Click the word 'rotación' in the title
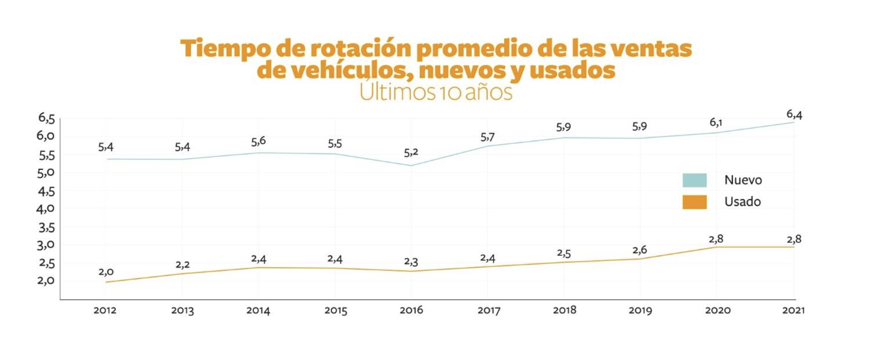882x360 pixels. (x=360, y=48)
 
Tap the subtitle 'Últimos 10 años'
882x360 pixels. (x=436, y=92)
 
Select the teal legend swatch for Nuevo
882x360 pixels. (x=694, y=180)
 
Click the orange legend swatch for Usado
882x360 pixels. (x=694, y=202)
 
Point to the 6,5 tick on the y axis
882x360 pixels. (x=46, y=118)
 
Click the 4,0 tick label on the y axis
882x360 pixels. (x=45, y=209)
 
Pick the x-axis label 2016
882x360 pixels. (x=411, y=310)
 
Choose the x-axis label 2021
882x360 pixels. (x=793, y=310)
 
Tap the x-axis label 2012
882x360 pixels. (x=105, y=310)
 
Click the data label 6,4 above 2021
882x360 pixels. (x=794, y=115)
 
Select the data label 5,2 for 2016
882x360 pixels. (x=411, y=153)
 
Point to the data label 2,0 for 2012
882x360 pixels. (x=106, y=272)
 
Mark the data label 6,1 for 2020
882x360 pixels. (x=716, y=123)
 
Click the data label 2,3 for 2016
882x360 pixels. (x=411, y=262)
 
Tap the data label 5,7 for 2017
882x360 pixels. (x=488, y=137)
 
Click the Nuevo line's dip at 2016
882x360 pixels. (x=411, y=166)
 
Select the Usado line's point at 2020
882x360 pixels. (x=717, y=247)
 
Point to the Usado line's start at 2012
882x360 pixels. (x=106, y=282)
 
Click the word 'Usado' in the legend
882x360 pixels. (x=743, y=202)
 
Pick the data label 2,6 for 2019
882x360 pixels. (x=640, y=250)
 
